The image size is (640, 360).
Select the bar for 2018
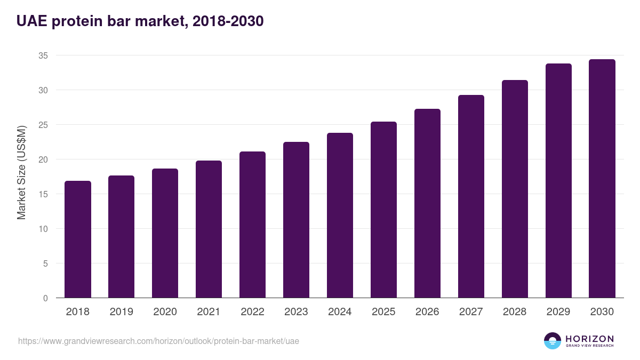coord(78,239)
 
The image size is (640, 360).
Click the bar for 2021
coord(209,229)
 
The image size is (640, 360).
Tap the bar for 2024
coord(340,215)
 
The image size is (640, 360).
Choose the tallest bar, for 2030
coord(602,179)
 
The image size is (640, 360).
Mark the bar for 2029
coord(558,181)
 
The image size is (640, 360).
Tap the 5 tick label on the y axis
coord(45,263)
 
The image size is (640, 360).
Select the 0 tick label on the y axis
coord(45,298)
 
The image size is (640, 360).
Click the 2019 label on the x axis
coord(122,312)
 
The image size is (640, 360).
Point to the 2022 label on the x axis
coord(252,312)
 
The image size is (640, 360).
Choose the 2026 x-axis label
coord(427,312)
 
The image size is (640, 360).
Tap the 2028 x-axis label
coord(515,312)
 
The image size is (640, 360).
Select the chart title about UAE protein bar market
coord(140,21)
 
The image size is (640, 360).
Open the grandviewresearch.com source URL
coord(158,341)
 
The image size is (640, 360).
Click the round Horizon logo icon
coord(553,341)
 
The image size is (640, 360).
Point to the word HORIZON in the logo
coord(589,338)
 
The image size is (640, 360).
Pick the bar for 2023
coord(296,220)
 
